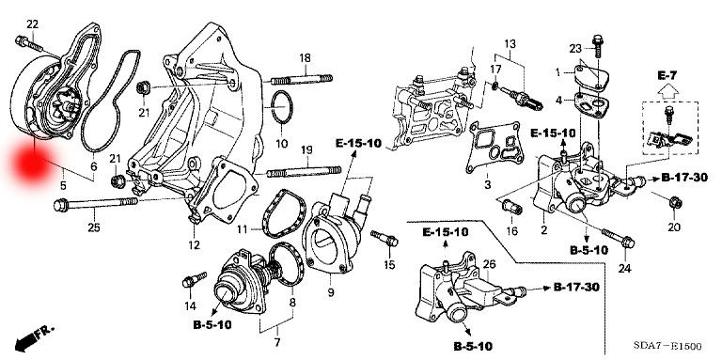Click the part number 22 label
pos(32,24)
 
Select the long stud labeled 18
pos(302,80)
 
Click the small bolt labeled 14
pos(195,279)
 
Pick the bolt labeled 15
pos(384,239)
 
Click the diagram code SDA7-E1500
pos(667,346)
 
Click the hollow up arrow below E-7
pos(670,92)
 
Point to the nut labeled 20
pos(675,202)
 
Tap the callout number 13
pos(510,44)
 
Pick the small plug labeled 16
pos(512,207)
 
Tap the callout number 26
pos(490,264)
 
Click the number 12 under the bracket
pos(195,245)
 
